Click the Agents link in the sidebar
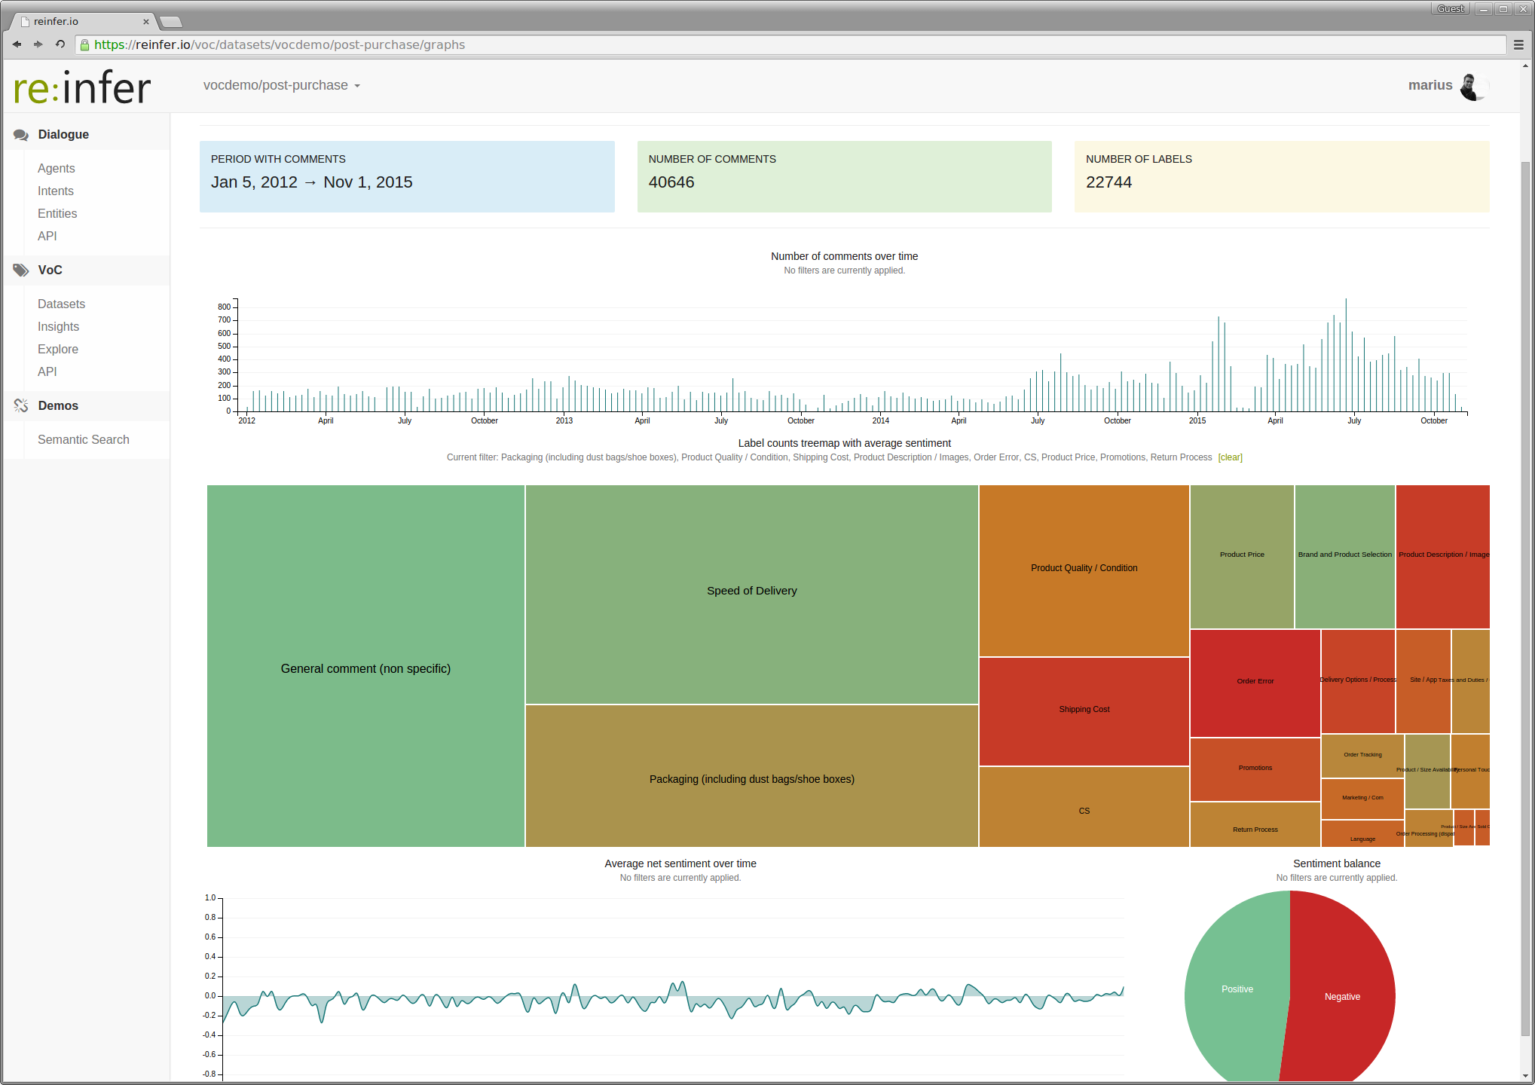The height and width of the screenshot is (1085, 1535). tap(56, 168)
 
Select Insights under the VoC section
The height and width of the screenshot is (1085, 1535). tap(58, 326)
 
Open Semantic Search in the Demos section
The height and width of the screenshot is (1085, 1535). tap(83, 439)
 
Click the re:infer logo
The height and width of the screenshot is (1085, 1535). tap(82, 87)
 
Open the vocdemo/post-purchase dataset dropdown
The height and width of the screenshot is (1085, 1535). tap(281, 85)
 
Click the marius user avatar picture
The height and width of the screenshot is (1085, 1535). tap(1472, 86)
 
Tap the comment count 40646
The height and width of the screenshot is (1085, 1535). tap(671, 182)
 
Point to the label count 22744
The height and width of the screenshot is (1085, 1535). tap(1108, 182)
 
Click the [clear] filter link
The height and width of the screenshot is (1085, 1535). tap(1230, 457)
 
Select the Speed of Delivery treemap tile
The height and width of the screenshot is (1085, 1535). tap(751, 591)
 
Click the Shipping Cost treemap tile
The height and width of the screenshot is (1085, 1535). tap(1084, 709)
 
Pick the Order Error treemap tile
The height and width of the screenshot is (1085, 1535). tap(1255, 681)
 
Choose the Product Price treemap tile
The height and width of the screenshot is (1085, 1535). tap(1242, 555)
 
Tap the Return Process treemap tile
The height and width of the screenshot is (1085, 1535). tap(1255, 830)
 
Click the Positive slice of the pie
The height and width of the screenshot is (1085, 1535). tap(1237, 989)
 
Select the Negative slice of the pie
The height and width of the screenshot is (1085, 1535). tap(1342, 997)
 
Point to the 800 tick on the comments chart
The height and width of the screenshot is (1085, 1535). tap(224, 307)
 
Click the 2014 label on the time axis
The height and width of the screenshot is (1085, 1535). tap(880, 420)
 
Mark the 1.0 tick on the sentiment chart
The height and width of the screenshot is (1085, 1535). tap(210, 898)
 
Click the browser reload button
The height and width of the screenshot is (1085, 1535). tap(60, 44)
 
